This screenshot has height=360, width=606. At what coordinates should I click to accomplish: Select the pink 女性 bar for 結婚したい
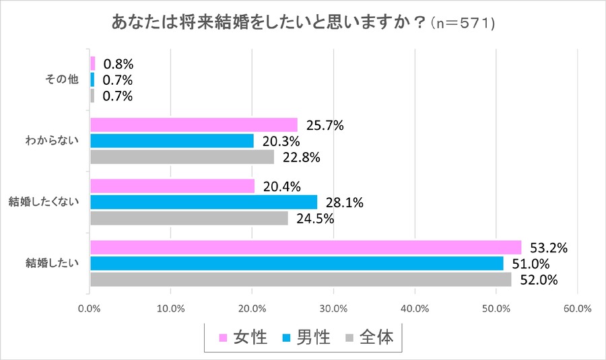pos(305,248)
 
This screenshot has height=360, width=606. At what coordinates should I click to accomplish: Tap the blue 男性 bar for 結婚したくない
pos(203,202)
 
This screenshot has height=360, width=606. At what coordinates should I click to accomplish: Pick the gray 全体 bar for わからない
pos(182,157)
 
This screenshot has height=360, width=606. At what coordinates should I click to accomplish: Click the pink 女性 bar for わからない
pos(193,124)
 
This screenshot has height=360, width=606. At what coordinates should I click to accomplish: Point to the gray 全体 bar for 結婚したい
pos(300,279)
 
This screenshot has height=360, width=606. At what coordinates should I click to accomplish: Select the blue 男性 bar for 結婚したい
pos(296,263)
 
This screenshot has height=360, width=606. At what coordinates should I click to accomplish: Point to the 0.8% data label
pos(118,64)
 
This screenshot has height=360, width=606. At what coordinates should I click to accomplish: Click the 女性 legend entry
pos(243,336)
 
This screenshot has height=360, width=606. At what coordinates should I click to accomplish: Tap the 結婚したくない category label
pos(43,201)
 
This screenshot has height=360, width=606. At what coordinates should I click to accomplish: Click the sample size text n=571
pos(465,24)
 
